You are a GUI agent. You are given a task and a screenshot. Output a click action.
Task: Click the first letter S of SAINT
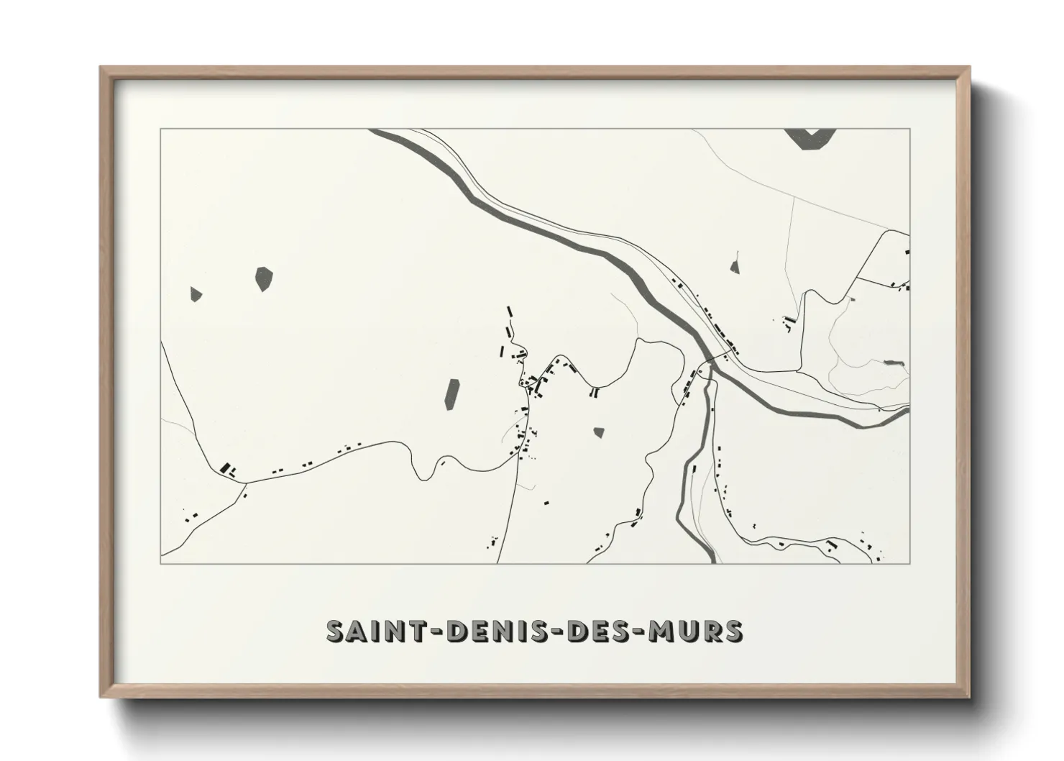336,631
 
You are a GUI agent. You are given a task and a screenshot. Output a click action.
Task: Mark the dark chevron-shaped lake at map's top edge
810,137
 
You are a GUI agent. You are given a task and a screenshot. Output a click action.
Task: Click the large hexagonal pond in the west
265,279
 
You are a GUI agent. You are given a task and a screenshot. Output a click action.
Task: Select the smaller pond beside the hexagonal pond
196,293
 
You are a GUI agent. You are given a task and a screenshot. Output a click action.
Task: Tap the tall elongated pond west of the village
452,393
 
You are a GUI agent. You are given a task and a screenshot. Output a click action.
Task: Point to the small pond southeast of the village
598,432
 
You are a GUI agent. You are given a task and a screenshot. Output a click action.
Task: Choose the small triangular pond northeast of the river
735,267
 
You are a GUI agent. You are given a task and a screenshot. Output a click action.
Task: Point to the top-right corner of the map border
909,129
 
